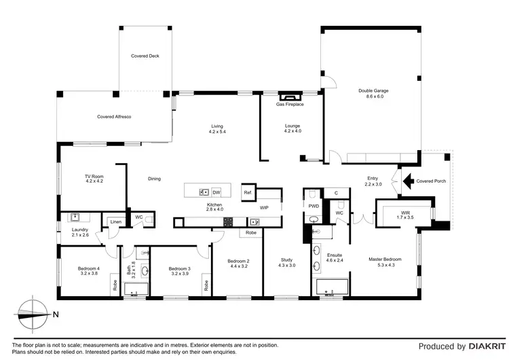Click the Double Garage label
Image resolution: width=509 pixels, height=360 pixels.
[x=373, y=94]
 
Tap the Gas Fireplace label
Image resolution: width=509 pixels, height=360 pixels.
[x=290, y=105]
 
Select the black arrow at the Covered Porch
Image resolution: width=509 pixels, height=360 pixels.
[x=409, y=181]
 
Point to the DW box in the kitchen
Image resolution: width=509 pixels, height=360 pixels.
[x=216, y=192]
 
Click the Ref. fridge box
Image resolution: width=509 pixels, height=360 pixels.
[x=248, y=192]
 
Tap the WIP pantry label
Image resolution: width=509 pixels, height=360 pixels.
[x=265, y=207]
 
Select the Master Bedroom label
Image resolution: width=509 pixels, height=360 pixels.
[x=385, y=262]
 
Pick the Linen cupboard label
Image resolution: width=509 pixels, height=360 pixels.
[x=115, y=222]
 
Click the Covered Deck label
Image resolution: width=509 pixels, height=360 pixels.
[x=145, y=56]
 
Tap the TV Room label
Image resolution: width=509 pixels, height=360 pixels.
[x=94, y=179]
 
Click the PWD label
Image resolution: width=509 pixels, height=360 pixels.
[x=314, y=205]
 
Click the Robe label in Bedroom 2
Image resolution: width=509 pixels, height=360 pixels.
[x=250, y=232]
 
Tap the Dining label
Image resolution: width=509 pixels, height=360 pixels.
[x=155, y=179]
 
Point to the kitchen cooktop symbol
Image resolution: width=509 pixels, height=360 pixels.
[x=229, y=221]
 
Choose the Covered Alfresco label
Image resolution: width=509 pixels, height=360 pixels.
[x=114, y=117]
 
